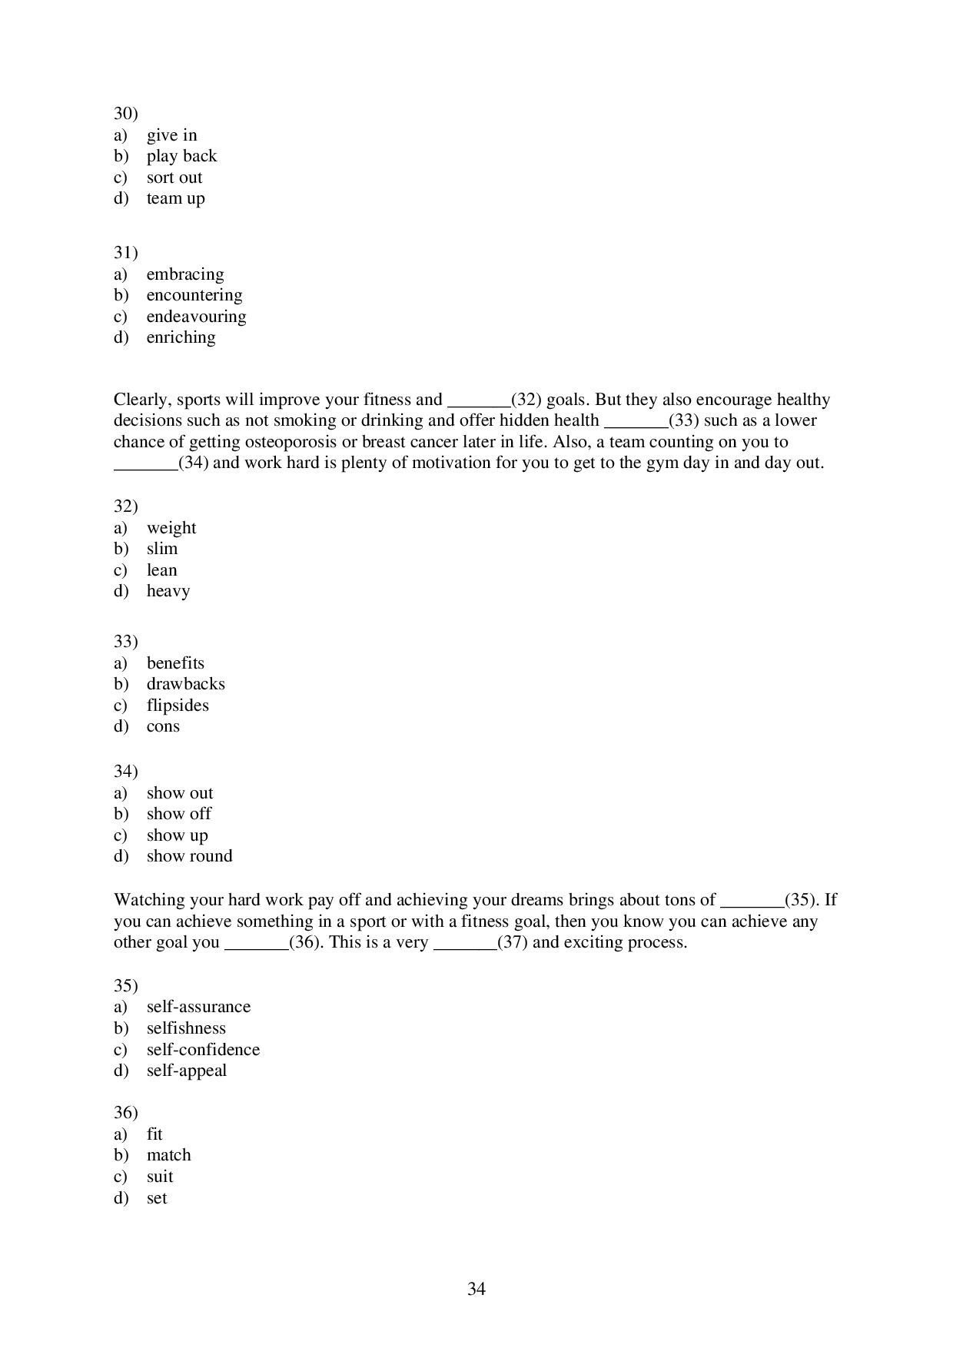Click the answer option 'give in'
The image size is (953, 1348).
tap(171, 135)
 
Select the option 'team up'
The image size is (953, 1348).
tap(175, 198)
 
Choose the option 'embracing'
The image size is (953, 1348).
tap(184, 274)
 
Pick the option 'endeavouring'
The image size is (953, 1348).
tap(196, 317)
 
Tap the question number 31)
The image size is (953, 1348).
tap(125, 253)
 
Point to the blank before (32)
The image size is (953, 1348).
tap(479, 401)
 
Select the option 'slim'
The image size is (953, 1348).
tap(161, 549)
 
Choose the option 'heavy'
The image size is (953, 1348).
tap(168, 591)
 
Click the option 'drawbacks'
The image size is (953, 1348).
tap(185, 684)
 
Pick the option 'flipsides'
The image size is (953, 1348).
tap(178, 706)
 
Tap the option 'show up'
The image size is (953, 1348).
tap(177, 835)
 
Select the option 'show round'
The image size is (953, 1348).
tap(189, 856)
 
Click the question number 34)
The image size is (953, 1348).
tap(125, 771)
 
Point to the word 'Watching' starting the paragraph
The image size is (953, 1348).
tap(145, 900)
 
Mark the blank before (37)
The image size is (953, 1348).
tap(465, 944)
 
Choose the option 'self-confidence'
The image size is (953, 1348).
tap(203, 1050)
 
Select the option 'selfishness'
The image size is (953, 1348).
tap(186, 1028)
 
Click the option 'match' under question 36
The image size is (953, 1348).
tap(168, 1155)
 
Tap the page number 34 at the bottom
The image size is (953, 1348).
tap(476, 1289)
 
